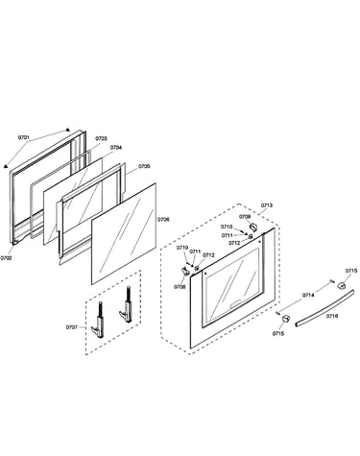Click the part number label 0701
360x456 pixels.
[x=23, y=137]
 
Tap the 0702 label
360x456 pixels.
[x=6, y=257]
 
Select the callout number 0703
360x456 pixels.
[x=101, y=138]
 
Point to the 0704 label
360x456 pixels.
[x=116, y=148]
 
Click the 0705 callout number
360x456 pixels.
[x=144, y=166]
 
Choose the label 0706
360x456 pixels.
[x=163, y=220]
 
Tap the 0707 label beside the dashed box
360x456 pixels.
[x=72, y=327]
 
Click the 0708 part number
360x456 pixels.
[x=180, y=287]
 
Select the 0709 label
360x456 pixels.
[x=245, y=217]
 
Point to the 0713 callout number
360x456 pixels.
[x=267, y=205]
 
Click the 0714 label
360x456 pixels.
[x=308, y=295]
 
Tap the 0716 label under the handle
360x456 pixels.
[x=332, y=316]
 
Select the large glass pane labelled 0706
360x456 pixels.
[x=124, y=233]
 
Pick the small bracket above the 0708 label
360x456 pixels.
[x=185, y=271]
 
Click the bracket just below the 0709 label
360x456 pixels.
[x=253, y=228]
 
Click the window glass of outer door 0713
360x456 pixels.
[x=232, y=285]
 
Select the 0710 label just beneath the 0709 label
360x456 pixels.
[x=227, y=227]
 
